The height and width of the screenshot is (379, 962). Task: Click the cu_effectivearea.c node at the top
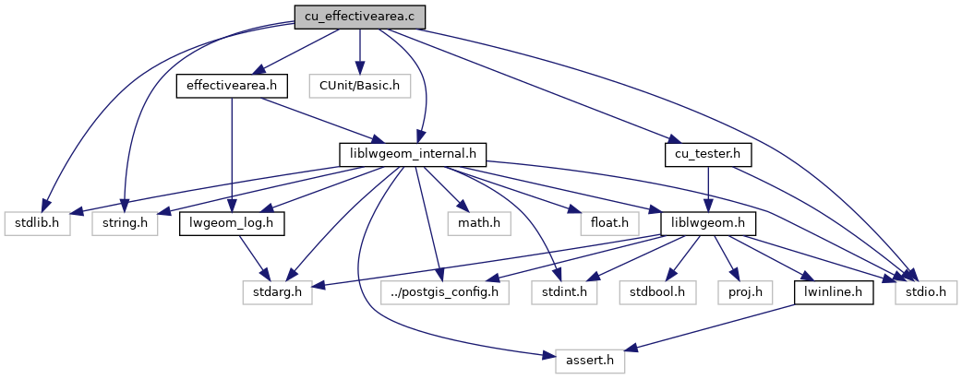click(359, 16)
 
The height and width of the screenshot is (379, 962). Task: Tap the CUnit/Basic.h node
click(359, 87)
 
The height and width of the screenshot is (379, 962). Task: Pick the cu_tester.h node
click(708, 153)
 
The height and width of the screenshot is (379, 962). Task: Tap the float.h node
click(610, 223)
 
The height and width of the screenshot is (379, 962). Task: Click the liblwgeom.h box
click(708, 223)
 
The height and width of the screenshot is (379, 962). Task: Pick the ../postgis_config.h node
click(444, 293)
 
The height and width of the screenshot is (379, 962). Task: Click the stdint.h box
click(562, 293)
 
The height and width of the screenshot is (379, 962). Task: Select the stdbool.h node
click(657, 293)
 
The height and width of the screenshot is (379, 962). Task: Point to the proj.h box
click(743, 293)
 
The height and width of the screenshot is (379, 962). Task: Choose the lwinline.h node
click(834, 293)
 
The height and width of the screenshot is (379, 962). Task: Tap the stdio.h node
click(927, 293)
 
